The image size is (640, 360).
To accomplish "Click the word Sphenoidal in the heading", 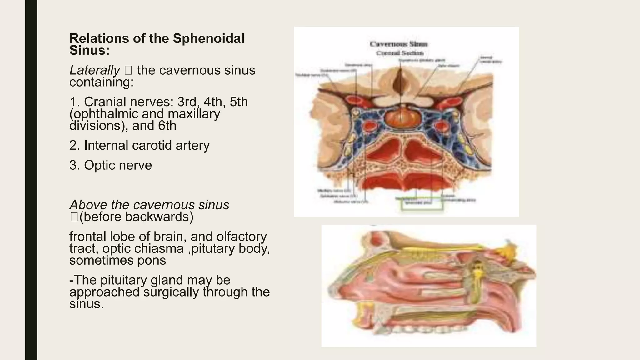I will [208, 39].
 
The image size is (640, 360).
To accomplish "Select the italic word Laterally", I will [94, 70].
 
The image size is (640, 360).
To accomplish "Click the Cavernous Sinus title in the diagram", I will [399, 44].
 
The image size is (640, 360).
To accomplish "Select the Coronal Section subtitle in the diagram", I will [400, 53].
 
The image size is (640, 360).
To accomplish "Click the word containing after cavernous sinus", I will [101, 82].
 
